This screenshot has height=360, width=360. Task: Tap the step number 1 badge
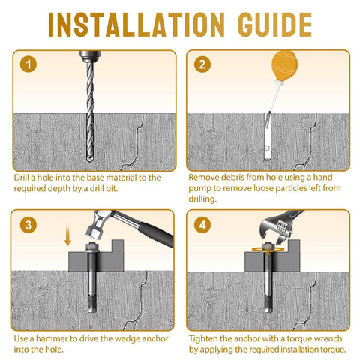point(28,64)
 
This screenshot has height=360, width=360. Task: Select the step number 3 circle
point(28,224)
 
